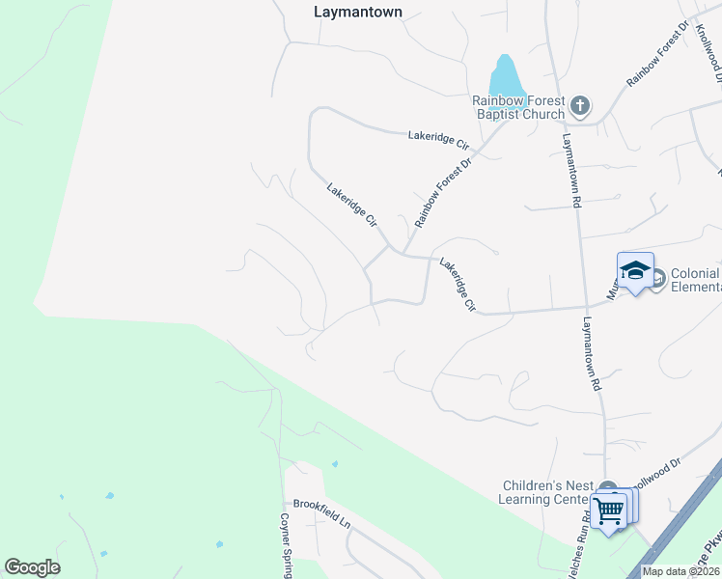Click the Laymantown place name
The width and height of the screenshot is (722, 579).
tap(358, 13)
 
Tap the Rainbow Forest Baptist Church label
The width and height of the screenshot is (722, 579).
tap(518, 107)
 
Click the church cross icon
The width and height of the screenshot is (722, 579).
tap(580, 105)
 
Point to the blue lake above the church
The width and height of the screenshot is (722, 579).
tap(505, 76)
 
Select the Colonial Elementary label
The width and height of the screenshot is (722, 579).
tap(694, 280)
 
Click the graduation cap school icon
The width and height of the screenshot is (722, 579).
tap(635, 271)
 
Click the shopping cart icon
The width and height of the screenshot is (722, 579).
tap(609, 510)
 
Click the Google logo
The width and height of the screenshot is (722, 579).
tap(32, 567)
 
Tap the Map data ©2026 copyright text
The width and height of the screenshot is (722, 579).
tap(680, 571)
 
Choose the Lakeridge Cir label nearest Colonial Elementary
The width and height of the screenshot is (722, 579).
tap(458, 285)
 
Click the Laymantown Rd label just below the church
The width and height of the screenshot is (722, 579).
tap(570, 170)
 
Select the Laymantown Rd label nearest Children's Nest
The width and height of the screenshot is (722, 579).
tap(592, 353)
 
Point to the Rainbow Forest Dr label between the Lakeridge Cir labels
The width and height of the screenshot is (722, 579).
tap(442, 193)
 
